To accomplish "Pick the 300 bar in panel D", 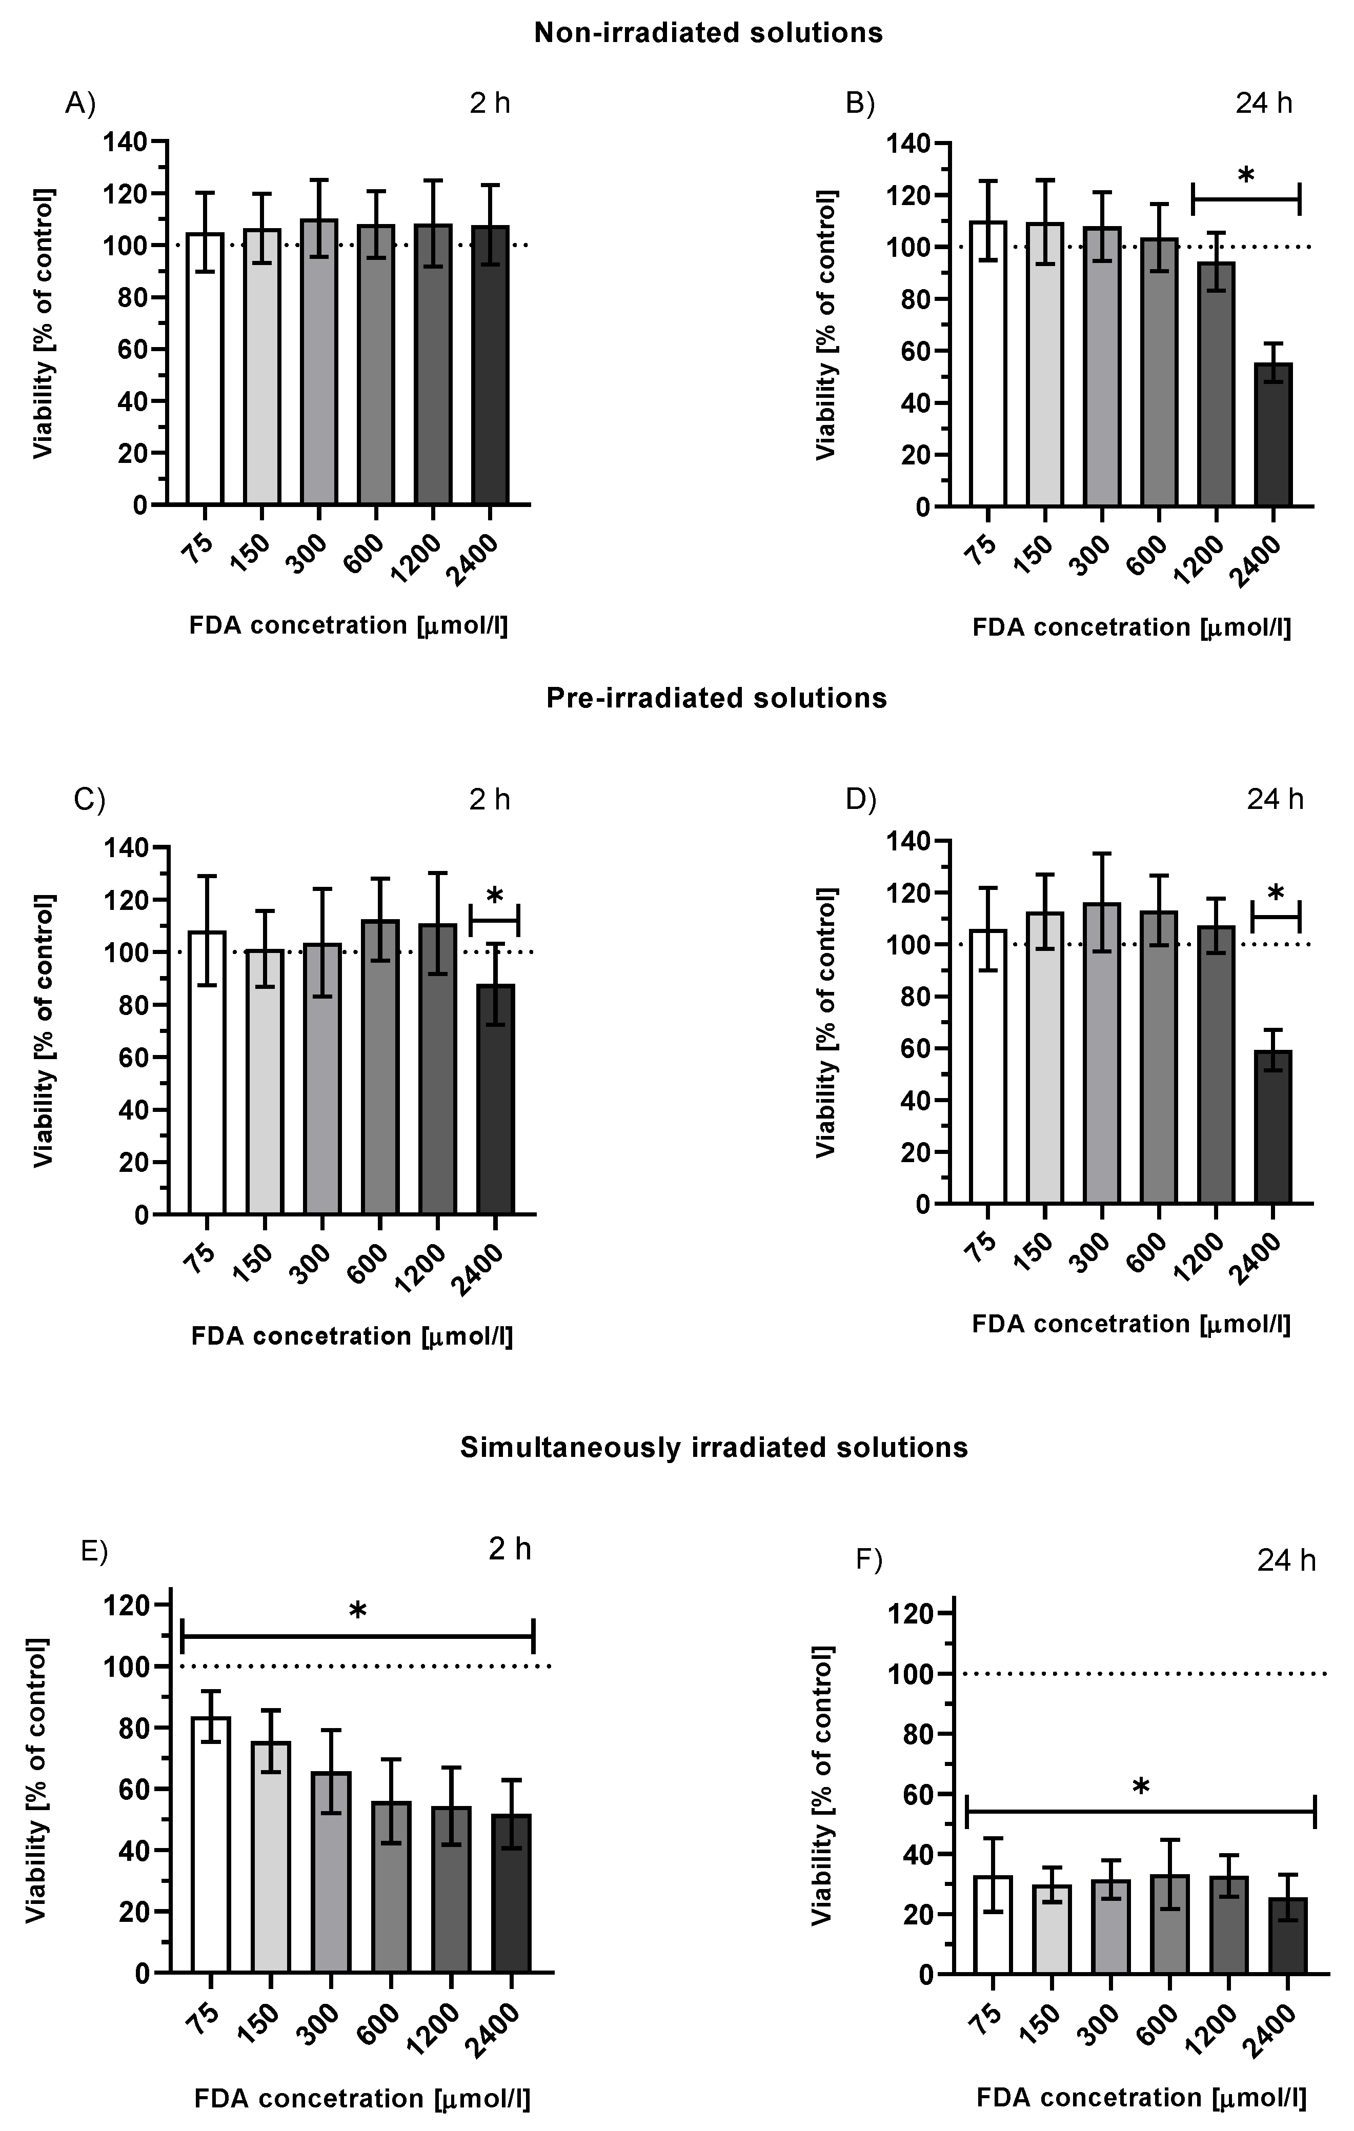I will tap(1102, 1053).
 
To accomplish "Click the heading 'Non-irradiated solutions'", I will tap(708, 33).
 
